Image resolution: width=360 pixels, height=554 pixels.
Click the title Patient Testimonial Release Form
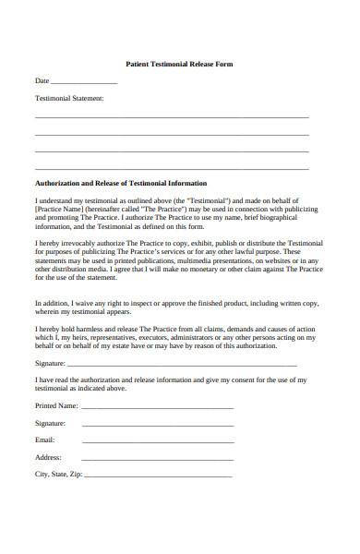179,64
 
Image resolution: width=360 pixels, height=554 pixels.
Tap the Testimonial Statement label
69,97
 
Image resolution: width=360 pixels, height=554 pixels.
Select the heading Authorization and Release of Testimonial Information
121,183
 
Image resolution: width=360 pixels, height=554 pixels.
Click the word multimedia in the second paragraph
210,259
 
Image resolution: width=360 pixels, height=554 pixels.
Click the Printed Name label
56,405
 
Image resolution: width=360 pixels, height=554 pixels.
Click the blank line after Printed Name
157,407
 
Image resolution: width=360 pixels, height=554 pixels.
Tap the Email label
45,440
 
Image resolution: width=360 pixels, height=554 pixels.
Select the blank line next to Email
157,441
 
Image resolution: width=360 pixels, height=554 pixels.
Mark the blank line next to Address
157,459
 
